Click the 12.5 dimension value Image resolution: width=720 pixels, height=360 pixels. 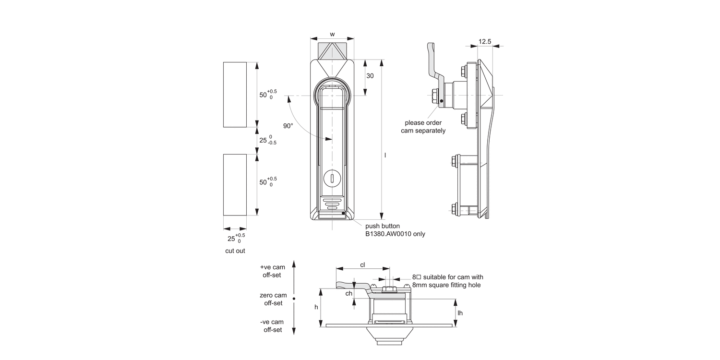pyautogui.click(x=485, y=42)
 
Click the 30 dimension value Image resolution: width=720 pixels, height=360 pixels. pyautogui.click(x=370, y=76)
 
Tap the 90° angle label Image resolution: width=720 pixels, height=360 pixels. pyautogui.click(x=288, y=126)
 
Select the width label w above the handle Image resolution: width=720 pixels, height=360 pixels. pyautogui.click(x=332, y=35)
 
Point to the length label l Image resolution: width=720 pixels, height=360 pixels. pyautogui.click(x=385, y=155)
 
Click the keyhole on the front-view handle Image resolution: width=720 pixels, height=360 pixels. pyautogui.click(x=332, y=179)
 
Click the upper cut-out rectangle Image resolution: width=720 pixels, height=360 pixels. pyautogui.click(x=235, y=94)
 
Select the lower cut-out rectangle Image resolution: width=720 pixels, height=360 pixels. pyautogui.click(x=235, y=185)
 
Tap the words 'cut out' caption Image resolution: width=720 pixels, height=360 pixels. pyautogui.click(x=235, y=251)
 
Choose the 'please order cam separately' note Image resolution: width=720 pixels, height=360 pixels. pyautogui.click(x=423, y=127)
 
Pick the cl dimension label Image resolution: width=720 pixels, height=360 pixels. pyautogui.click(x=362, y=264)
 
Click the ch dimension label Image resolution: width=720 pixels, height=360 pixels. pyautogui.click(x=349, y=293)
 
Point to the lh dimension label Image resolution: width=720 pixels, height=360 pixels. pyautogui.click(x=460, y=313)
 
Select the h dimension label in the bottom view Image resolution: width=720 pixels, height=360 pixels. pyautogui.click(x=316, y=307)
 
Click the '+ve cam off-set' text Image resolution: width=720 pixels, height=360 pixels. pyautogui.click(x=272, y=271)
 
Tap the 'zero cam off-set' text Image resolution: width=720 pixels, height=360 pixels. pyautogui.click(x=273, y=299)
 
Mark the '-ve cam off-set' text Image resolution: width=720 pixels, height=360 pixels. pyautogui.click(x=272, y=326)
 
